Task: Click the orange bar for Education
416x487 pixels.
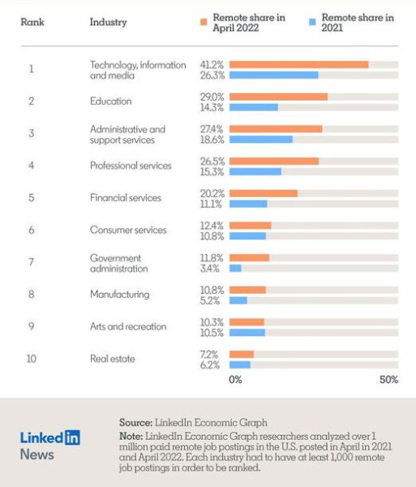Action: (278, 97)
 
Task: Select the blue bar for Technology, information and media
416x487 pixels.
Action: (274, 75)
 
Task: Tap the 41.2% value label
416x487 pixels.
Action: (212, 65)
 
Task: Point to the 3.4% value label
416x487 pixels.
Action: (210, 269)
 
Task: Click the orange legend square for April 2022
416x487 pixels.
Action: (204, 22)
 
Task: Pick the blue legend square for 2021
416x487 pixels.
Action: (312, 22)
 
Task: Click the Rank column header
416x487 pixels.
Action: (32, 22)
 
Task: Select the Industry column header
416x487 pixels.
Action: (109, 23)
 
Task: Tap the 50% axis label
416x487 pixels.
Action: (388, 380)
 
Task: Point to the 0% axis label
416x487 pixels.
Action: (235, 380)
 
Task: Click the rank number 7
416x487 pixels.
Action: (32, 262)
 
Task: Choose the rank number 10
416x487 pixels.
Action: (32, 359)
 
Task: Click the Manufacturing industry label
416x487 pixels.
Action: (120, 295)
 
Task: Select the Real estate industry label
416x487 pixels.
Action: (113, 359)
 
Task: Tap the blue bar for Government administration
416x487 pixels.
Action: (235, 269)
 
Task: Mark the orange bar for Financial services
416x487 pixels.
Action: (264, 193)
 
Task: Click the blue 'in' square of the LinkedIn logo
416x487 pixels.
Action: (72, 437)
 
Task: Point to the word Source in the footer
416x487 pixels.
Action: (135, 423)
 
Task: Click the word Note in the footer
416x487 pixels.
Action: (131, 437)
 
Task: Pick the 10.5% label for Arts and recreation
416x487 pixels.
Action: (212, 333)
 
